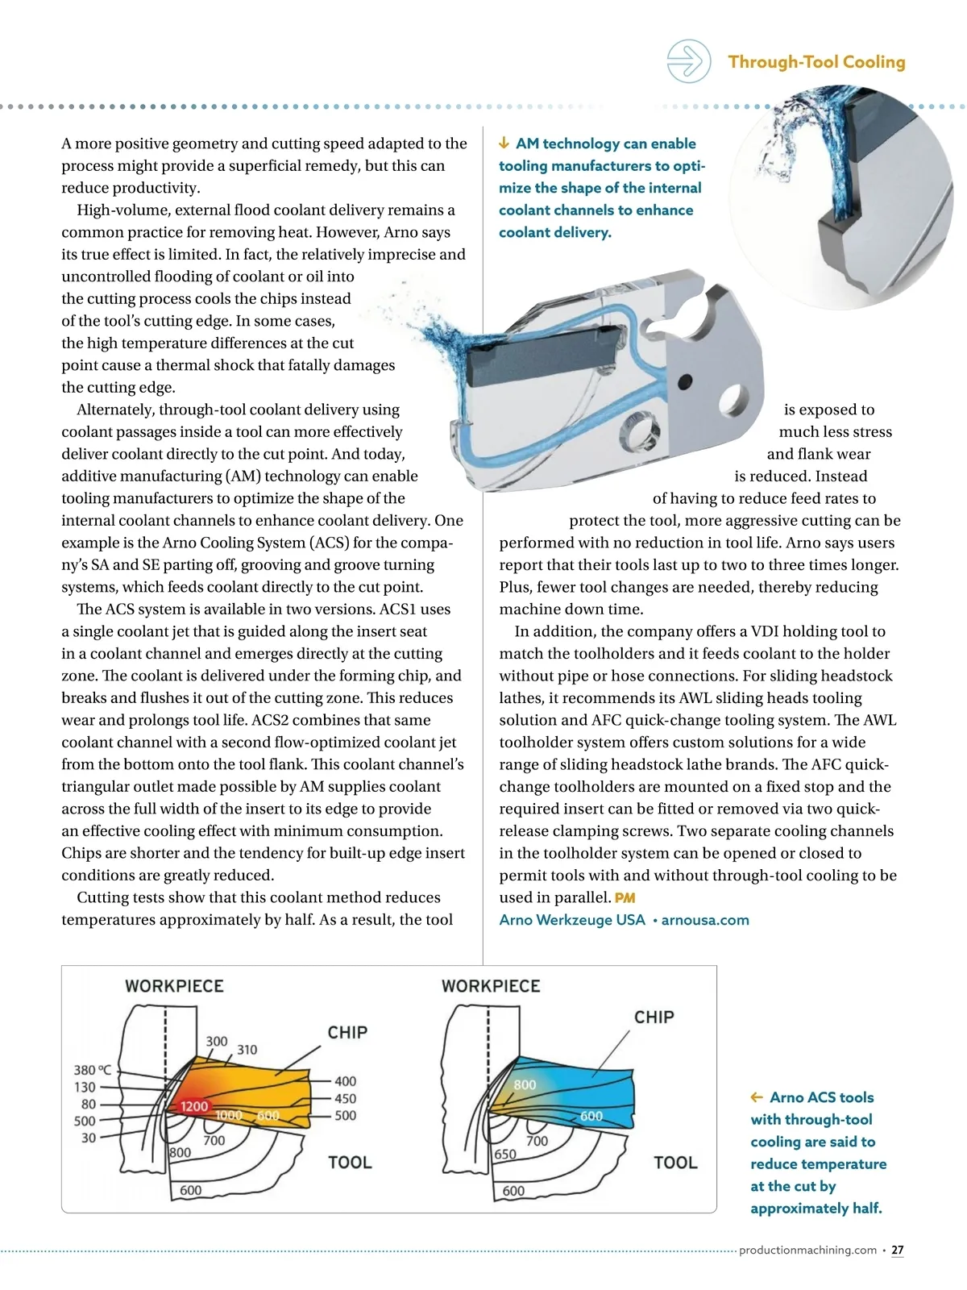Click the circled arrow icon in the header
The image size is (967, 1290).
[x=689, y=60]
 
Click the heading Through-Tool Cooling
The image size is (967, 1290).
[x=816, y=62]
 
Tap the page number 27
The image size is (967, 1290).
[x=898, y=1250]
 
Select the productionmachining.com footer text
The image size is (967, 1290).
[x=807, y=1250]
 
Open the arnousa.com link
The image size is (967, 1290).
[x=705, y=920]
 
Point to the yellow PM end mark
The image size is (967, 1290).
[x=625, y=897]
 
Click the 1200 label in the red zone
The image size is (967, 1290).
[x=194, y=1106]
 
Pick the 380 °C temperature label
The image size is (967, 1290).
[x=93, y=1070]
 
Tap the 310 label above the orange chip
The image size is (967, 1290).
[x=247, y=1050]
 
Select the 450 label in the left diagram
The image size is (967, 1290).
[x=346, y=1098]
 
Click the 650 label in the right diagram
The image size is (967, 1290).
[x=505, y=1154]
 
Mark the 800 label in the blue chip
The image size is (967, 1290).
[x=525, y=1084]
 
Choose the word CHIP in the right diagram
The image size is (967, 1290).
[x=654, y=1017]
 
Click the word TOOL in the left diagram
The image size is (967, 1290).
[x=350, y=1162]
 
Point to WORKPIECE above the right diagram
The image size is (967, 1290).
[x=491, y=985]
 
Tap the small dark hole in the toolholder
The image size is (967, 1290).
[x=685, y=380]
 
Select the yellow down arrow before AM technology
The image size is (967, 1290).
[x=504, y=144]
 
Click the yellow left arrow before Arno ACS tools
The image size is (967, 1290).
[x=756, y=1097]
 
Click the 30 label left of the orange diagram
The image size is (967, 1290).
[x=89, y=1138]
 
